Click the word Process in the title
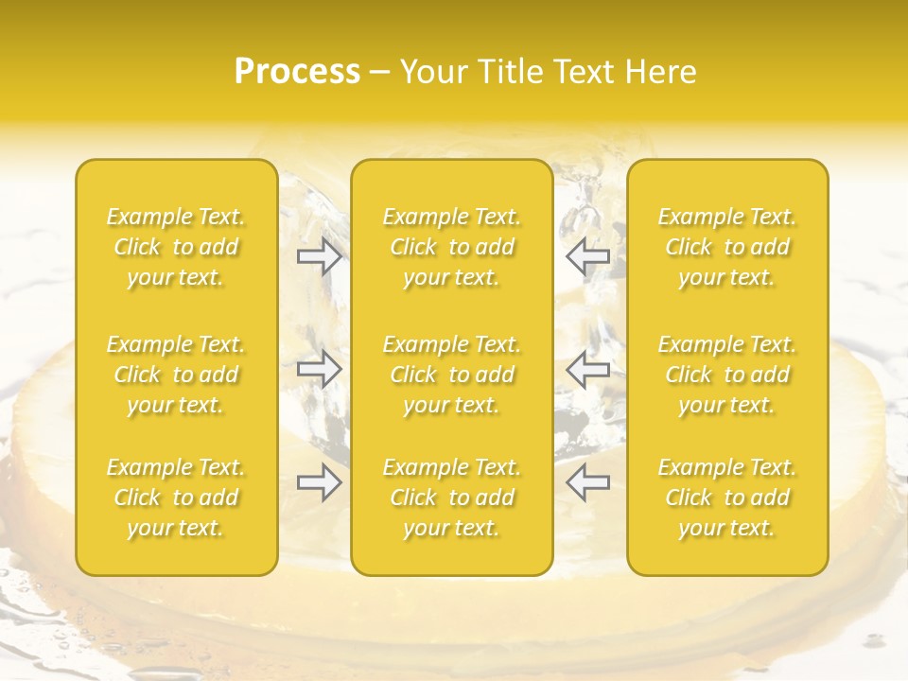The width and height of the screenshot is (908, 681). (297, 72)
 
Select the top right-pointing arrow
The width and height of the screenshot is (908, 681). (319, 256)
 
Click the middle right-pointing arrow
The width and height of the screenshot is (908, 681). (319, 369)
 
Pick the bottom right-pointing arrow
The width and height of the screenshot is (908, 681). (319, 482)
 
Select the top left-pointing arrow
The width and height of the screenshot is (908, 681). (587, 256)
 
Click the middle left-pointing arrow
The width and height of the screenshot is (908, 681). (587, 369)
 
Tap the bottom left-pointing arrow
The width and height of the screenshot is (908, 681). (587, 482)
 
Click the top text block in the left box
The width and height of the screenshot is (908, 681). (176, 247)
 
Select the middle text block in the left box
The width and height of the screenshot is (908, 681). (176, 375)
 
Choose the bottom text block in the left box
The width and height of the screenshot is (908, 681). (176, 498)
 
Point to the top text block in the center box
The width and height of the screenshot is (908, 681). (452, 247)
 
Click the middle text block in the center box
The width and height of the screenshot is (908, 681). (452, 375)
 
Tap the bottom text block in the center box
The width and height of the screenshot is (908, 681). (452, 498)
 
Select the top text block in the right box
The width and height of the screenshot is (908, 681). (727, 247)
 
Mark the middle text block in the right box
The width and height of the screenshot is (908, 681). (727, 375)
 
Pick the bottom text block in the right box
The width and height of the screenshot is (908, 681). (727, 498)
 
